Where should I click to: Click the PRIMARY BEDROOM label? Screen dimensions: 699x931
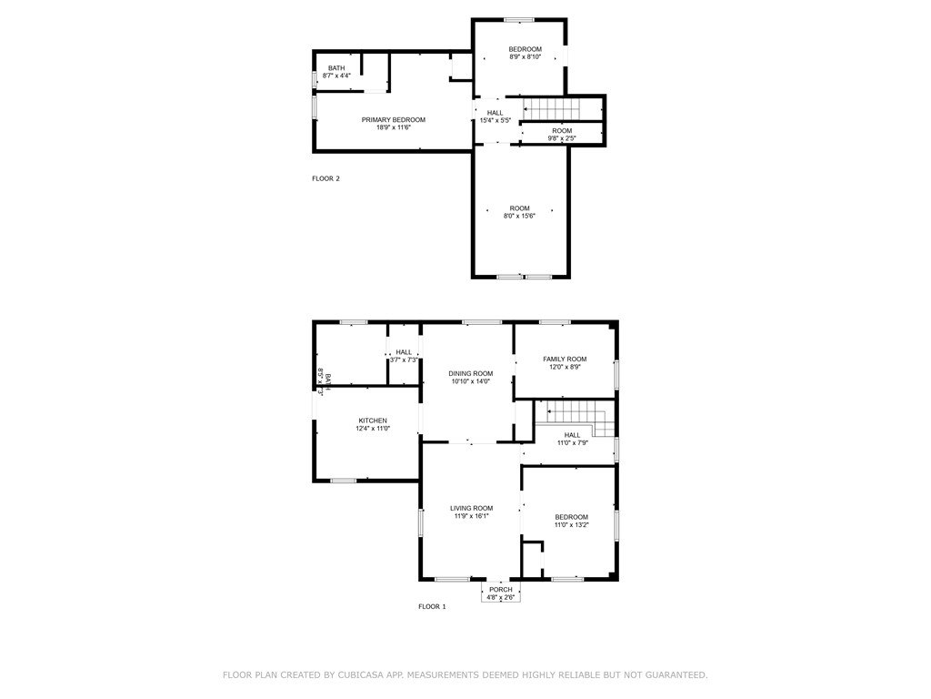pyautogui.click(x=393, y=120)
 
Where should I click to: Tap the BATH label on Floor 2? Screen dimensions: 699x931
pyautogui.click(x=336, y=68)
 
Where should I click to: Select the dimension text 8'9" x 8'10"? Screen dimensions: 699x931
pyautogui.click(x=525, y=57)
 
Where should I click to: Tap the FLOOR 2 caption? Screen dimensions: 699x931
pyautogui.click(x=325, y=178)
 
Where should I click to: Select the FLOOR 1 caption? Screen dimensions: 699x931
pyautogui.click(x=432, y=606)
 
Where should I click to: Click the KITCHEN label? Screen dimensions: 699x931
pyautogui.click(x=373, y=420)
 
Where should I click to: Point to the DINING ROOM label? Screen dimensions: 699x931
pyautogui.click(x=470, y=373)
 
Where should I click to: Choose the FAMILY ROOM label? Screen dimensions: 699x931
pyautogui.click(x=565, y=360)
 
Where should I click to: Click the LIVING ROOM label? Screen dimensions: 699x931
pyautogui.click(x=471, y=508)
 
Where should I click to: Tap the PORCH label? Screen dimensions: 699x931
pyautogui.click(x=500, y=590)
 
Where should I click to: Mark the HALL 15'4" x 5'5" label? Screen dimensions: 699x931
pyautogui.click(x=495, y=113)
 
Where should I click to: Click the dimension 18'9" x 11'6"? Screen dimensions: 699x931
pyautogui.click(x=393, y=127)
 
